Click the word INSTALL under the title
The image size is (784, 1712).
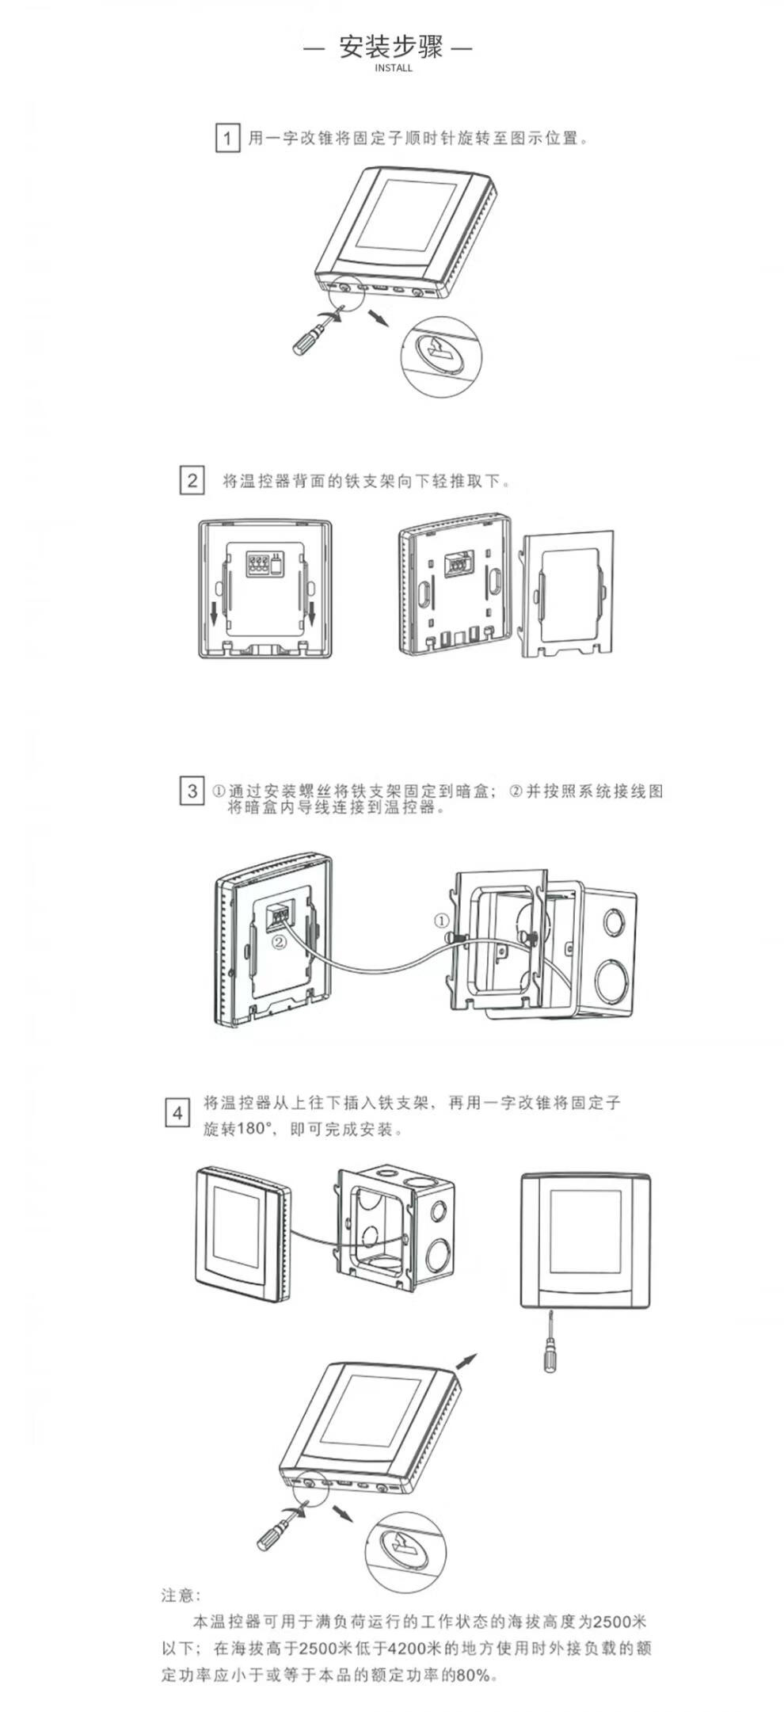point(393,68)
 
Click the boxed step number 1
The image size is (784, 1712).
point(227,139)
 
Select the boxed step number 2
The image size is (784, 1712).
point(192,480)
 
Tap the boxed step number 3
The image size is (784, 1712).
point(192,791)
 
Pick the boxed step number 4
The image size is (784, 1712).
point(177,1113)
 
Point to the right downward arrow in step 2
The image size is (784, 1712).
point(313,611)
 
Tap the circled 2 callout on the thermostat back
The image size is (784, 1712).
point(278,942)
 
